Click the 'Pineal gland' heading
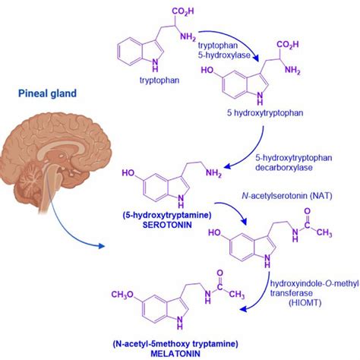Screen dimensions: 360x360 click(46, 94)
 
